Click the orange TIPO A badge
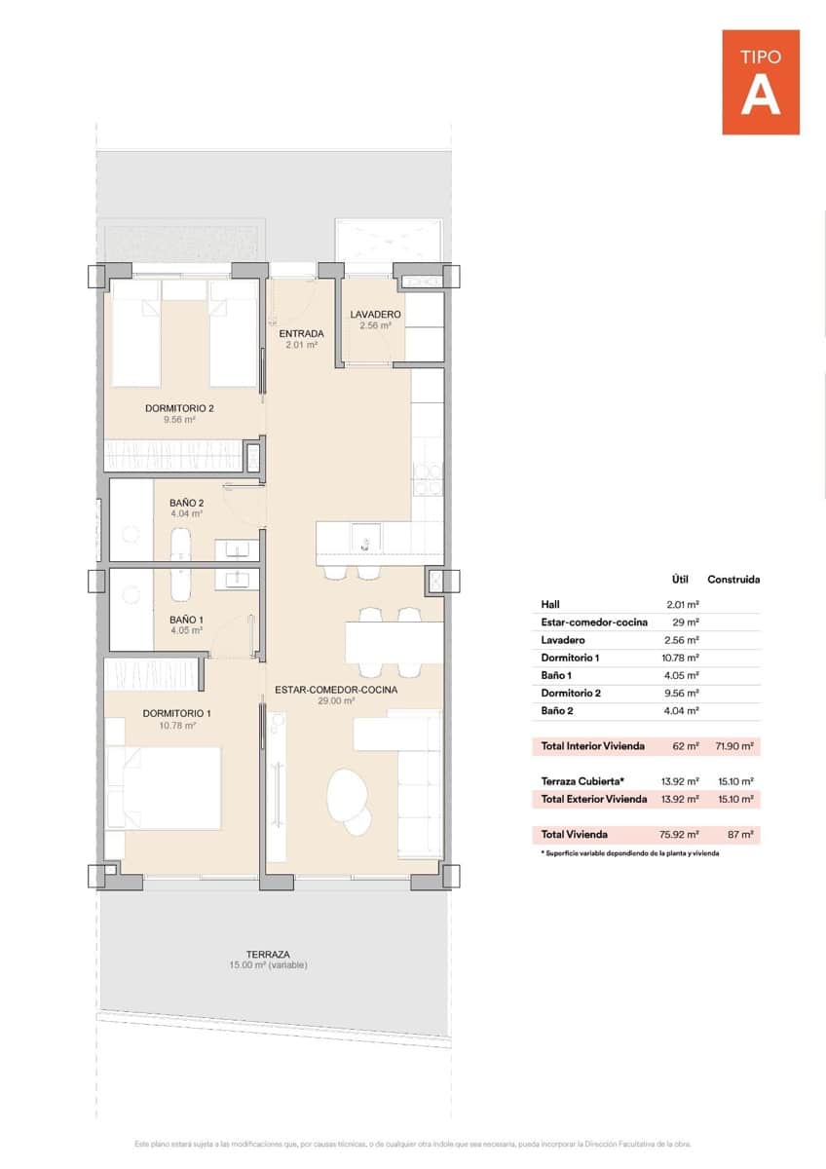pos(761,82)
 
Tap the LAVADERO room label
pos(375,314)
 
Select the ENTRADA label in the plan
pos(301,333)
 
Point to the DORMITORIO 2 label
pos(180,408)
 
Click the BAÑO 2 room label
pos(186,503)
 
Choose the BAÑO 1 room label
pos(186,620)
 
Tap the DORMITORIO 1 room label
pos(176,713)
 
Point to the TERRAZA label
pos(268,955)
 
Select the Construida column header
pos(733,579)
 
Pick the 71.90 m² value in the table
pos(734,746)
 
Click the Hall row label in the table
pos(550,604)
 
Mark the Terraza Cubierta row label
pos(582,781)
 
